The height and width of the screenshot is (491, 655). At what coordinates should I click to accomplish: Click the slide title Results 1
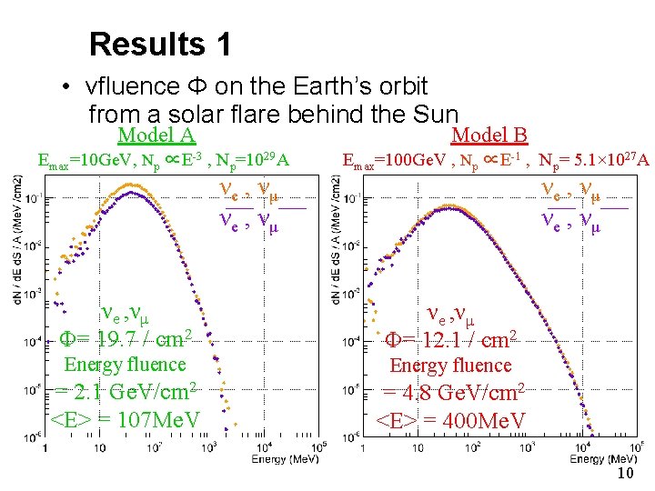160,44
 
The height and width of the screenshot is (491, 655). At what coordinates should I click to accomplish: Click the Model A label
157,135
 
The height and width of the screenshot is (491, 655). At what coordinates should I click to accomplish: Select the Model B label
489,135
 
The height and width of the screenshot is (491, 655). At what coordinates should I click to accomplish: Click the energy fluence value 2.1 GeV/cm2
125,393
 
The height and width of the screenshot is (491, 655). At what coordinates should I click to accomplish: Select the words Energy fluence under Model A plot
124,365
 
